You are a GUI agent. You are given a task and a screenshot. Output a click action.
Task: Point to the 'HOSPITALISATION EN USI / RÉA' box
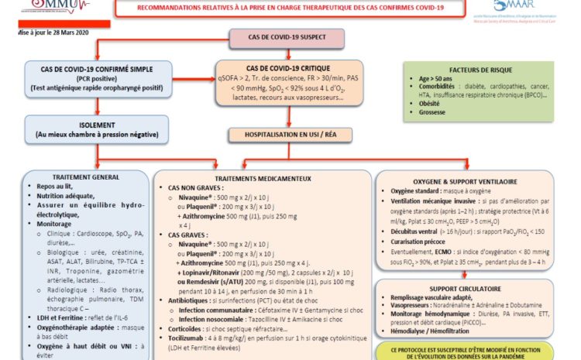289,134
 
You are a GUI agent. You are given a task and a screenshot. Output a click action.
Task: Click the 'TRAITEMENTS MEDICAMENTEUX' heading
256,178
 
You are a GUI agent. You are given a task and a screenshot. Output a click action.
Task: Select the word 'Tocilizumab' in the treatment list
184,337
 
